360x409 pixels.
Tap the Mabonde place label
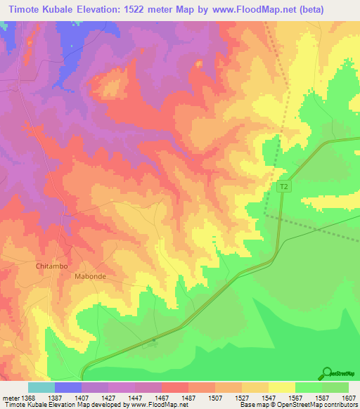tap(90, 277)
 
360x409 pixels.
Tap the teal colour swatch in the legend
tap(41, 387)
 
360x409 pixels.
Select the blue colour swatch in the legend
tap(67, 387)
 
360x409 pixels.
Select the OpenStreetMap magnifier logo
tap(327, 372)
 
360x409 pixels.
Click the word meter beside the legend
tap(9, 397)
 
